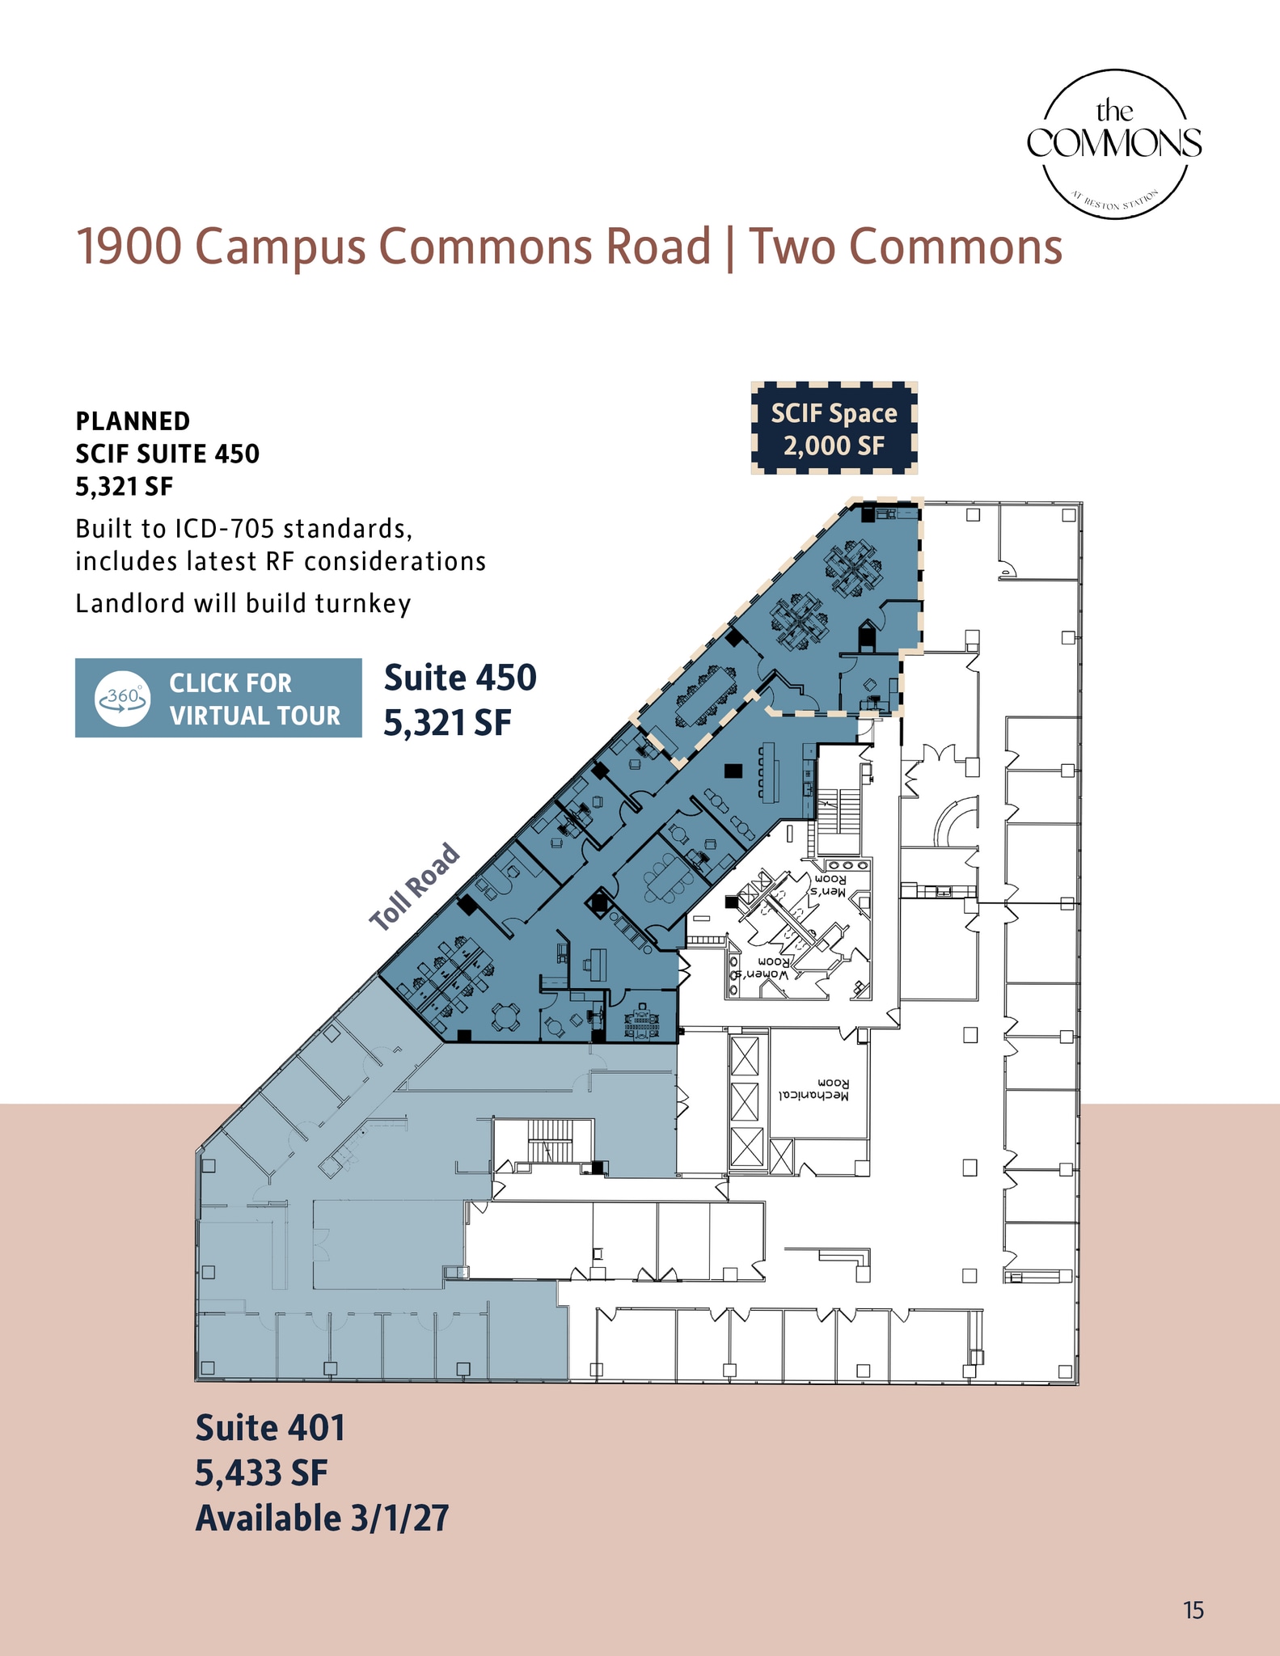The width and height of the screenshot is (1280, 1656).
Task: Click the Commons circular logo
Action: (x=1114, y=144)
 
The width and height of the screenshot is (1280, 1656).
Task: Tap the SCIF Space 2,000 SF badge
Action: (x=834, y=429)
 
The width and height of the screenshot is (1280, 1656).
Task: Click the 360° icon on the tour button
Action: (x=122, y=698)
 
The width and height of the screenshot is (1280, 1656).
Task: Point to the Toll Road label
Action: (x=415, y=887)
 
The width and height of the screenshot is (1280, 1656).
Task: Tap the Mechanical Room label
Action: (x=814, y=1088)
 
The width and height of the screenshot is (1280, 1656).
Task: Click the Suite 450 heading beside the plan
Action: (x=459, y=678)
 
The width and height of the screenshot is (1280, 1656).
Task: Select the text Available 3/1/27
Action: (x=322, y=1518)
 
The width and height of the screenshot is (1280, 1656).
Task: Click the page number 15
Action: (x=1193, y=1610)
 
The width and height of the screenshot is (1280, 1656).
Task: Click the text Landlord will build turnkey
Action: (x=243, y=603)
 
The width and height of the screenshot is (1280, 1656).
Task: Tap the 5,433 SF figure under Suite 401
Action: (x=261, y=1472)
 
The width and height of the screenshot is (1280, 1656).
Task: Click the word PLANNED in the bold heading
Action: (x=133, y=421)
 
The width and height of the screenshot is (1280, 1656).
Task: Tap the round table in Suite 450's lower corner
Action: (x=506, y=1017)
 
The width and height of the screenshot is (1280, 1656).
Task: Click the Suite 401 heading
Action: (x=270, y=1428)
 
